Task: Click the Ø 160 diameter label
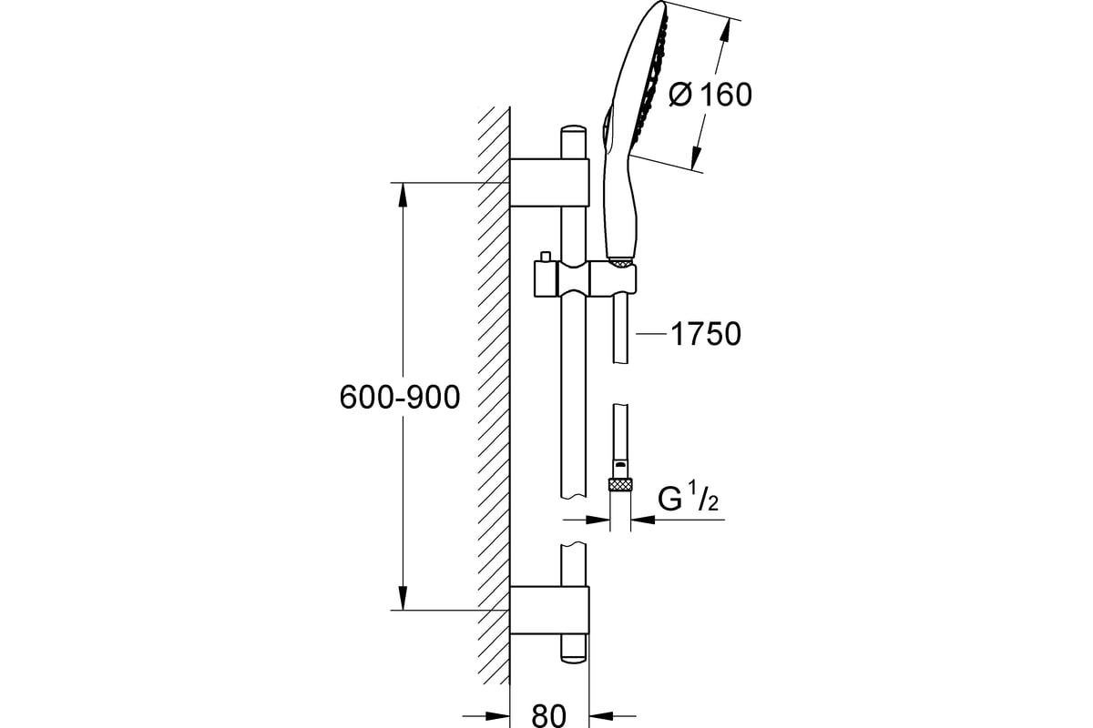[x=710, y=95]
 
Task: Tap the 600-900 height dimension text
[x=400, y=397]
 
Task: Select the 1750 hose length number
[x=706, y=334]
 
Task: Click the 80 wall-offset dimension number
[x=549, y=716]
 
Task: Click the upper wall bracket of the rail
[x=549, y=182]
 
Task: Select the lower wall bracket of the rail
[x=549, y=610]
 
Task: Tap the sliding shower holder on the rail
[x=585, y=278]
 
